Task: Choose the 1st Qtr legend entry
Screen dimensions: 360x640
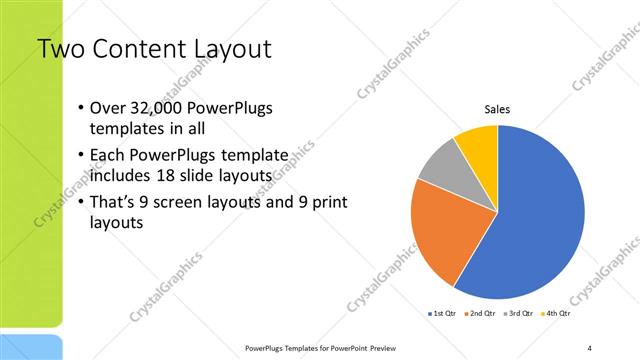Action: click(443, 314)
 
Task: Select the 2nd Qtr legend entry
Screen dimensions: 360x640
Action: click(482, 314)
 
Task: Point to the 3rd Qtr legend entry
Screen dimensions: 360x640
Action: click(520, 314)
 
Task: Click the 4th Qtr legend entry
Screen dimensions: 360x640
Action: click(557, 314)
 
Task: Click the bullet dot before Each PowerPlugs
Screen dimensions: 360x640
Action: click(81, 157)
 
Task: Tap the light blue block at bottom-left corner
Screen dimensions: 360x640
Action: click(31, 348)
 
